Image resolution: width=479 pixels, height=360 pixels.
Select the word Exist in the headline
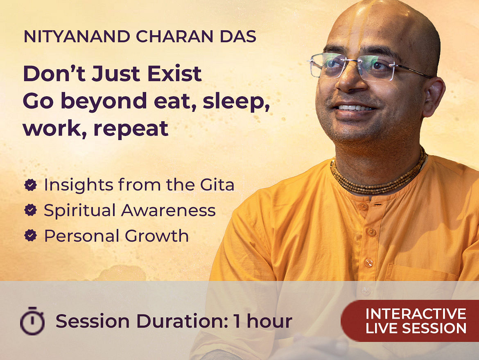(x=174, y=74)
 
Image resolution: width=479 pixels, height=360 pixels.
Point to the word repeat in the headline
(x=131, y=129)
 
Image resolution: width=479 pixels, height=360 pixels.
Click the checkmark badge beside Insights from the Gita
(x=31, y=185)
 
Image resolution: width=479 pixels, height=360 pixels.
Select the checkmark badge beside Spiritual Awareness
(x=31, y=210)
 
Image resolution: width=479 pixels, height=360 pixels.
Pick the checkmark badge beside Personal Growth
(x=31, y=235)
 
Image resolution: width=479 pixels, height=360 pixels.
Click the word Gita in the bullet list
(x=217, y=185)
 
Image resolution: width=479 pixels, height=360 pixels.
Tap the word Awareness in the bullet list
(x=168, y=210)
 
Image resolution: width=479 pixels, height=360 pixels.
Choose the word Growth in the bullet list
(x=157, y=235)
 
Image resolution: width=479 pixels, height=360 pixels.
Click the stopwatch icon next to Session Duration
(x=32, y=321)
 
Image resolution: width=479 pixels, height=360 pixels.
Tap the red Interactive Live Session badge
(x=410, y=321)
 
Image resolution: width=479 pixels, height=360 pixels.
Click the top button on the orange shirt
(x=363, y=206)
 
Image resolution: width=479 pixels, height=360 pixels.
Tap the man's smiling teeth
(x=355, y=108)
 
